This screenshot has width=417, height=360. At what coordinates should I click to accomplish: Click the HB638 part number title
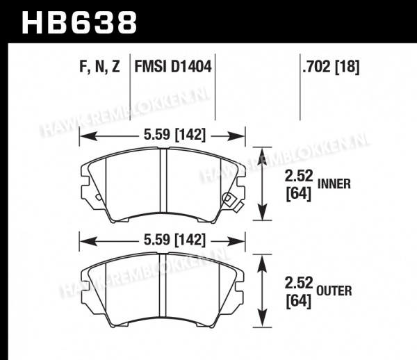click(x=79, y=23)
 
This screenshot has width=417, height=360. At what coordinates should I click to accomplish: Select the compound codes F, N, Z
click(x=99, y=67)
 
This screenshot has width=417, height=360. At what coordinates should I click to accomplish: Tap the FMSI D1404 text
click(x=173, y=67)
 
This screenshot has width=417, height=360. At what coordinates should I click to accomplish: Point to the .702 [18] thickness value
click(x=331, y=67)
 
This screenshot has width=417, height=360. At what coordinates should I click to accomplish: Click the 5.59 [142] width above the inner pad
click(x=174, y=135)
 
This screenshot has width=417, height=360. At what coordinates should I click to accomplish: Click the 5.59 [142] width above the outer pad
click(x=174, y=240)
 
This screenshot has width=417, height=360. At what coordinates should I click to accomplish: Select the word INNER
click(x=334, y=184)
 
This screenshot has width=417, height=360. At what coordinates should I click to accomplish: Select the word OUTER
click(x=334, y=291)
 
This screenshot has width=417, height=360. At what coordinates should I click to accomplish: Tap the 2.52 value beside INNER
click(x=299, y=176)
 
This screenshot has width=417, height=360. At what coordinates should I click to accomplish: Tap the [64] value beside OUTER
click(x=298, y=302)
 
